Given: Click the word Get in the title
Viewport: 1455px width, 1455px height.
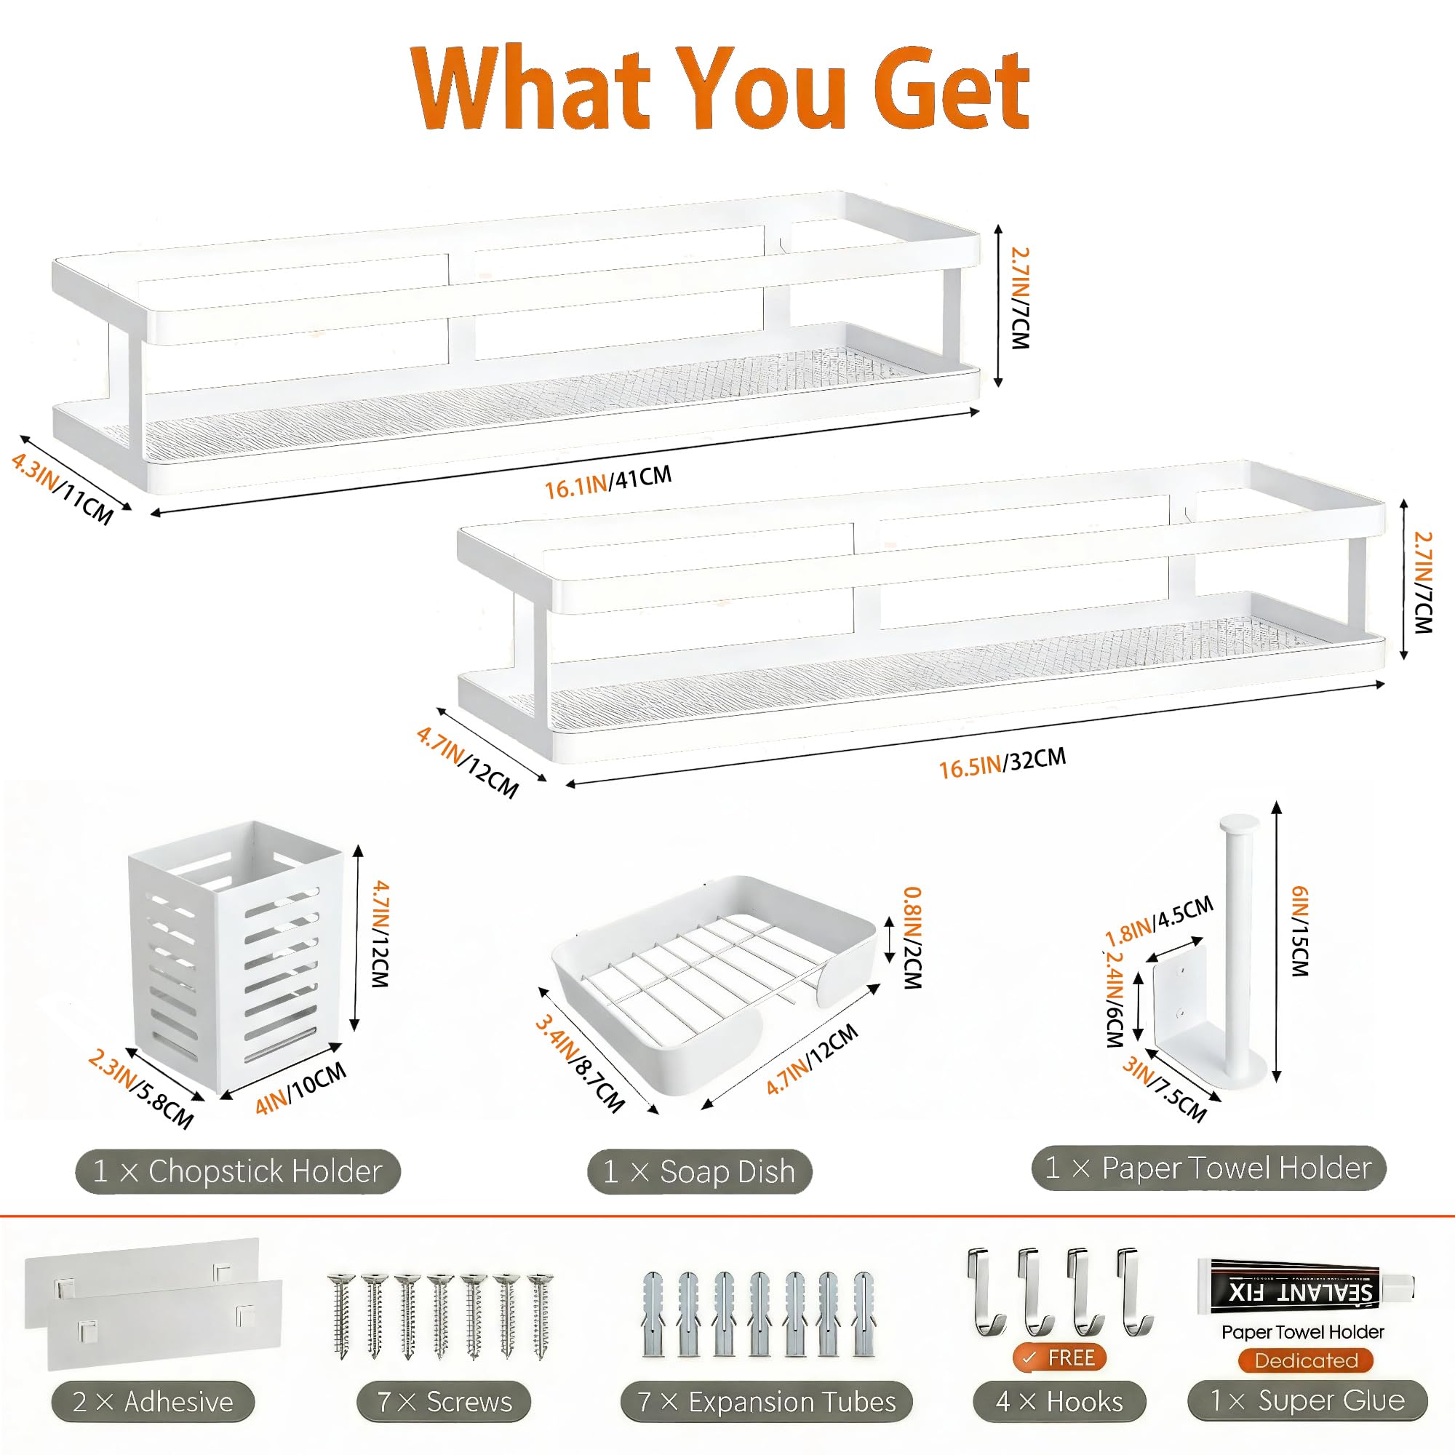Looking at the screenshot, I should [x=950, y=89].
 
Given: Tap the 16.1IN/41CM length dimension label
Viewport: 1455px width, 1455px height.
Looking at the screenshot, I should [x=607, y=482].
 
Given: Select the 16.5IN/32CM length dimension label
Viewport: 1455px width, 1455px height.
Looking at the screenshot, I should [x=1002, y=763].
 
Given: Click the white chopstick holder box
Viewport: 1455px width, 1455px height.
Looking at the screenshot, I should [x=236, y=957].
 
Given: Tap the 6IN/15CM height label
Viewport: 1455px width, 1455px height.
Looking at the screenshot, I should [x=1300, y=931].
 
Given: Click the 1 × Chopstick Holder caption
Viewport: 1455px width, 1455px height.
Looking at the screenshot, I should [x=237, y=1171].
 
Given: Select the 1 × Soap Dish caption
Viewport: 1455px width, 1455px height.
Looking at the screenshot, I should [x=699, y=1172].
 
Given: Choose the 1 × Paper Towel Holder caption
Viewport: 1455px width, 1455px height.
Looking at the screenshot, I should [x=1208, y=1168].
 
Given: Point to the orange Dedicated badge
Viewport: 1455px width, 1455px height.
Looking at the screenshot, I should [x=1305, y=1360].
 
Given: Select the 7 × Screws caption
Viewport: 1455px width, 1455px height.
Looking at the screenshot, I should [x=444, y=1402].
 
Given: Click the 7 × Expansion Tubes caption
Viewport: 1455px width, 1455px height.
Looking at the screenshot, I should [x=766, y=1402].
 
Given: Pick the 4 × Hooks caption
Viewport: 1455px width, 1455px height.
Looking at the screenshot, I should [x=1059, y=1402].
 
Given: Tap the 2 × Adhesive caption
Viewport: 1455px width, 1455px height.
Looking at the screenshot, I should [x=153, y=1402].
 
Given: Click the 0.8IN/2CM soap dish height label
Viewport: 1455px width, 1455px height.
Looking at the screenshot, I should [x=912, y=938].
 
